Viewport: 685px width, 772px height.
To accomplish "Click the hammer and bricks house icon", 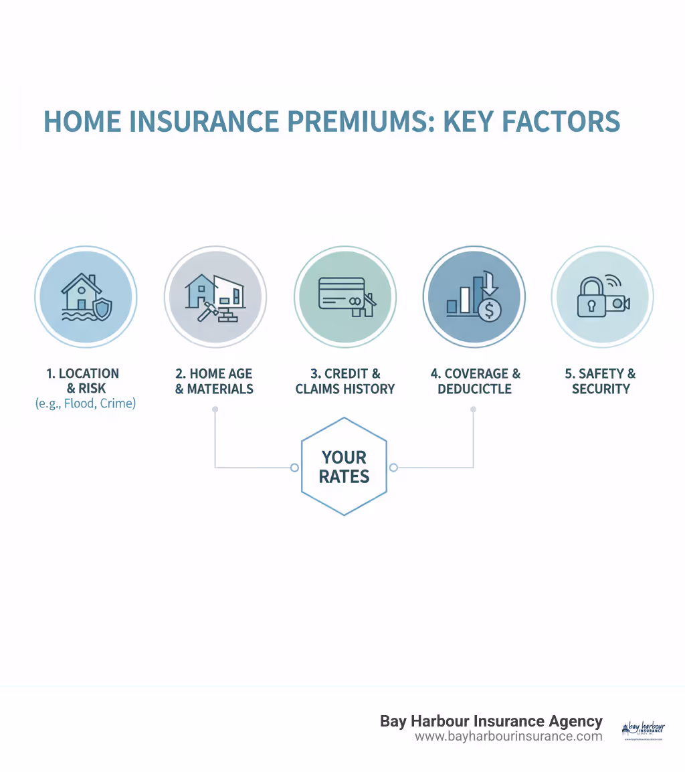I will (x=215, y=298).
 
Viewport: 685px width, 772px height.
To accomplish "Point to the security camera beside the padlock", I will (x=617, y=302).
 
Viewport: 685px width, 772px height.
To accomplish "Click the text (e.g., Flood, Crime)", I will (x=85, y=403).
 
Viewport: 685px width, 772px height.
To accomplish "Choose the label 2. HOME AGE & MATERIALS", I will (x=215, y=381).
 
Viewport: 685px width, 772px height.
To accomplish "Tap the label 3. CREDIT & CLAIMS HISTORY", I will (x=345, y=381).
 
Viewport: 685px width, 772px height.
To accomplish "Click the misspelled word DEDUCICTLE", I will (x=474, y=389).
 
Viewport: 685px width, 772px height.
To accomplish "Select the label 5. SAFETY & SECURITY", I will (x=601, y=381).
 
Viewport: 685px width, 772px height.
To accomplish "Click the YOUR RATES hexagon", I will (x=344, y=467).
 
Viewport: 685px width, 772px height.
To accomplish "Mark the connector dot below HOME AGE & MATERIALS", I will (x=215, y=408).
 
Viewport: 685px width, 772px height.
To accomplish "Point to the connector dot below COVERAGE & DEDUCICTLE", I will (x=474, y=408).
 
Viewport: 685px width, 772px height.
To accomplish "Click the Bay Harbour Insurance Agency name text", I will (x=491, y=721).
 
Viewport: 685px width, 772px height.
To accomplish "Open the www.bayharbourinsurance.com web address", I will (x=508, y=737).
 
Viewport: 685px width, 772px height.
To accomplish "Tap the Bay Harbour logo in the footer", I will (x=643, y=731).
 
